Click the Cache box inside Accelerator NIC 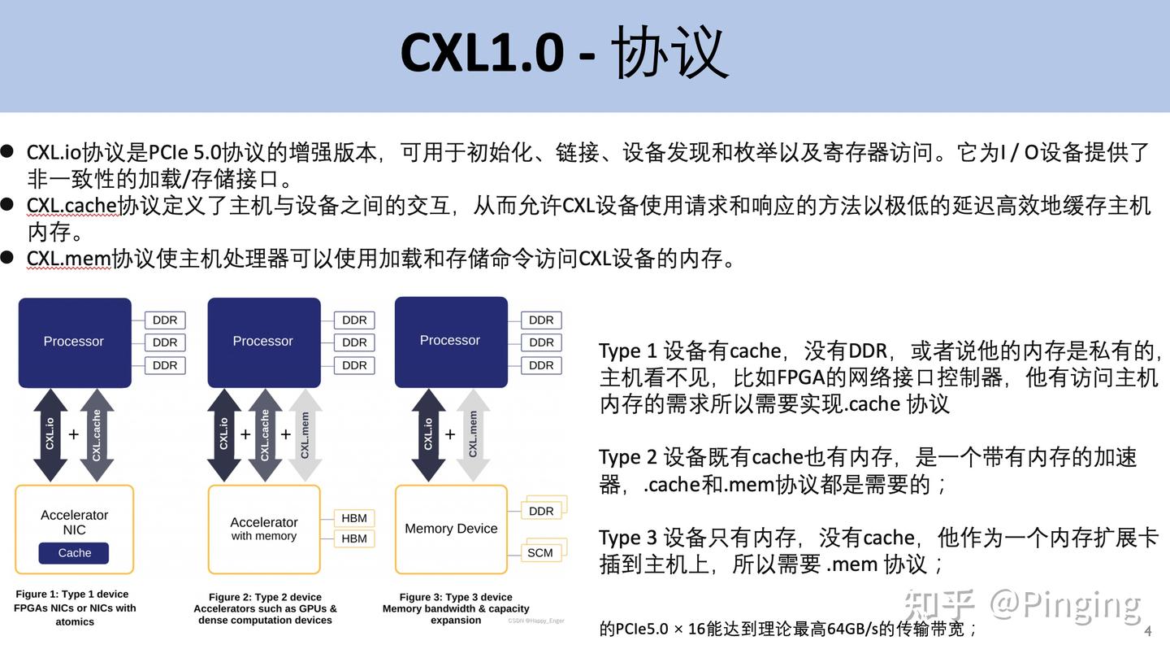[74, 553]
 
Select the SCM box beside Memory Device [539, 553]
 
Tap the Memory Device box [451, 529]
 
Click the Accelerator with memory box [264, 529]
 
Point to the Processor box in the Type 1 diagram [74, 341]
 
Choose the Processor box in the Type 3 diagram [450, 340]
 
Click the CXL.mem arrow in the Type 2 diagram [305, 435]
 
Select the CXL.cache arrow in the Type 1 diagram [97, 435]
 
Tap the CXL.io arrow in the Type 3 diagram [428, 435]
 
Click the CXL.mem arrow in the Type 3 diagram [473, 435]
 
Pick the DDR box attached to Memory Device [541, 511]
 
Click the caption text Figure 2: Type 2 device [265, 597]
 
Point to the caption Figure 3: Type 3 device [455, 597]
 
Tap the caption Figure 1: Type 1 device [72, 595]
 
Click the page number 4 [1148, 631]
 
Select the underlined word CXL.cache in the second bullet [72, 206]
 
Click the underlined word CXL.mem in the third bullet [68, 259]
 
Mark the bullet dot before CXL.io [8, 151]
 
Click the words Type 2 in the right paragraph [627, 457]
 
